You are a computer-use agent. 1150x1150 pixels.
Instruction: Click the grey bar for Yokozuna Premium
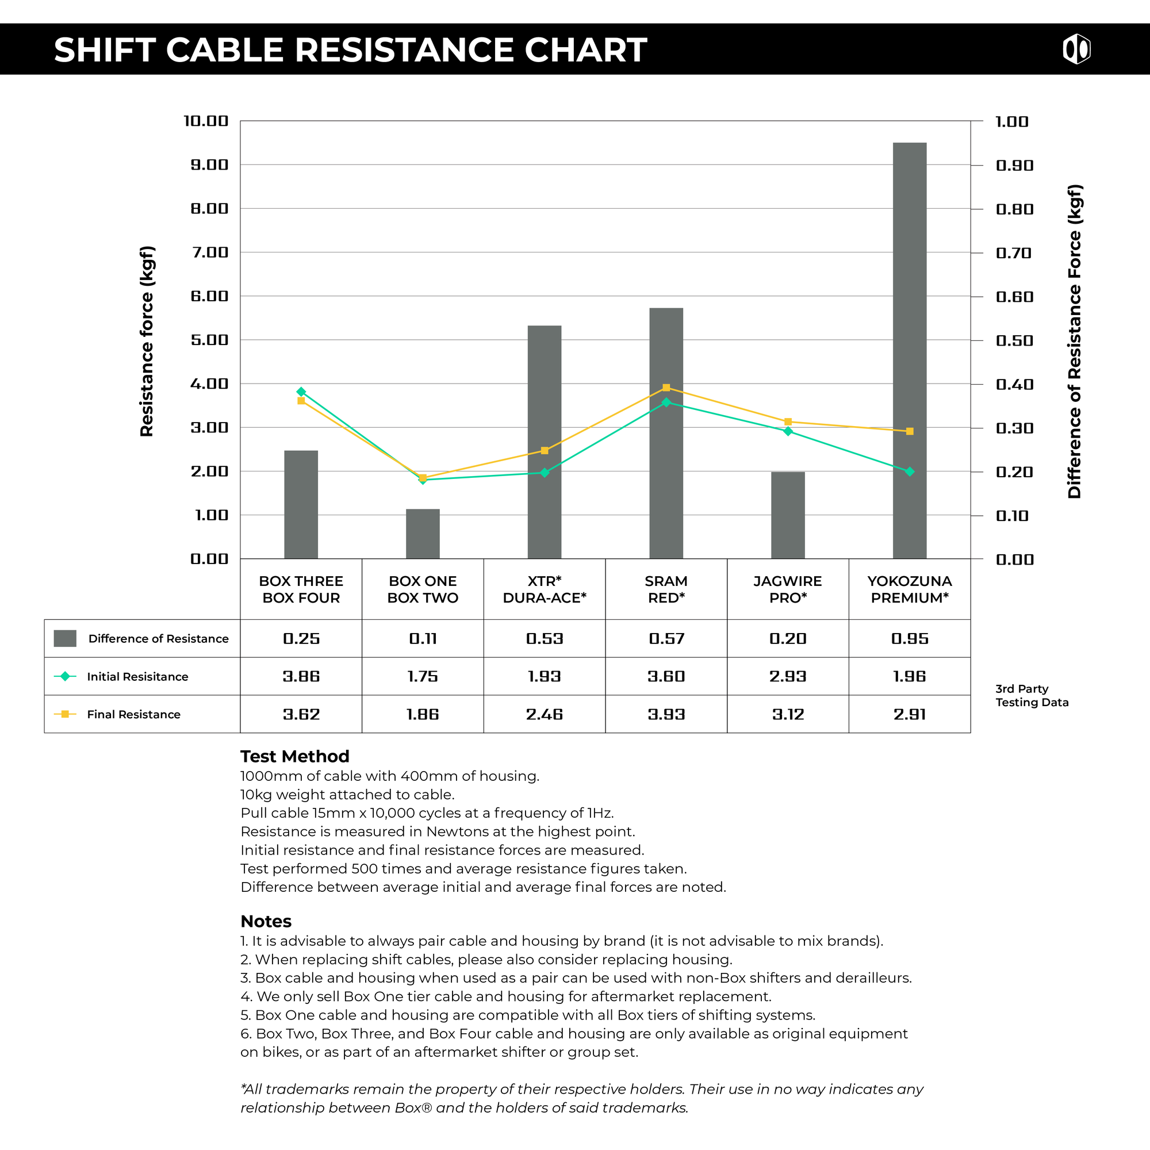point(910,351)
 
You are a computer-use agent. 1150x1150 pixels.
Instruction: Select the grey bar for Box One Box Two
point(423,534)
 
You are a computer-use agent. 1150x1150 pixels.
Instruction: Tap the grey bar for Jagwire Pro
point(788,515)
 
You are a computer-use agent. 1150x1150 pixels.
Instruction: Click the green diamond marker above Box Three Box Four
point(301,392)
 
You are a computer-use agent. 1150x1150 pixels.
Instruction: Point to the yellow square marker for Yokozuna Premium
point(910,431)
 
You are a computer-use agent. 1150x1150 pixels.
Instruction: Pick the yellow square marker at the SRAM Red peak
point(666,388)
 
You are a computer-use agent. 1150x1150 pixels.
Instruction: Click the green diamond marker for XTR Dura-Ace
point(544,473)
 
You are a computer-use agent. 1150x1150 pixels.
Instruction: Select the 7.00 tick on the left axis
point(209,252)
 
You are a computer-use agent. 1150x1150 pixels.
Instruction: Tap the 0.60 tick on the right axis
point(1014,297)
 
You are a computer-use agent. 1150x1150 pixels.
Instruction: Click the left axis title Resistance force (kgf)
point(147,341)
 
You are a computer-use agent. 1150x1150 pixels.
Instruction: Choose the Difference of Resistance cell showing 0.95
point(910,639)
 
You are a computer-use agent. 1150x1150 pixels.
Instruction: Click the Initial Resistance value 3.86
point(301,676)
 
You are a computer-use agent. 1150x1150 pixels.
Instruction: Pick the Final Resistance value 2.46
point(544,714)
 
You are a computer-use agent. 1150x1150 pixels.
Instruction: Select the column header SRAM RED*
point(666,589)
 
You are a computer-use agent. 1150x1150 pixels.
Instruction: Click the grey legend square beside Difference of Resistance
point(65,639)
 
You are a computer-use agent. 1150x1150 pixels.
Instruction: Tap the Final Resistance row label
point(133,714)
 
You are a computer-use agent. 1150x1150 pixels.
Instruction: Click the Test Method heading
point(294,756)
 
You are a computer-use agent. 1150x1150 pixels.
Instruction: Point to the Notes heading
point(266,921)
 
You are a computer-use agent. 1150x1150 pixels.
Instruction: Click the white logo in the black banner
point(1076,49)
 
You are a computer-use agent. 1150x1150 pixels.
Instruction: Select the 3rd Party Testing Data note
point(1032,695)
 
